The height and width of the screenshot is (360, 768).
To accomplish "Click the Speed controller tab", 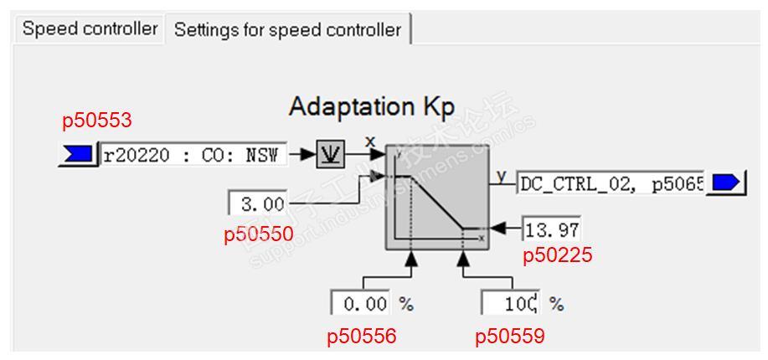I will coord(90,28).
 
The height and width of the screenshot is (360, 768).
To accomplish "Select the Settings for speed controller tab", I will coord(287,30).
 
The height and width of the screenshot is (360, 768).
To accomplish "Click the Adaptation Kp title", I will coord(372,107).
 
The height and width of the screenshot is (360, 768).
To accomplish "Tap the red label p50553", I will coord(97,121).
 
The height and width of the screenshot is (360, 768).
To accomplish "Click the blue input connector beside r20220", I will coord(78,155).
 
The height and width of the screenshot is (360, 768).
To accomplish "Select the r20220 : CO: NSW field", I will coord(193,155).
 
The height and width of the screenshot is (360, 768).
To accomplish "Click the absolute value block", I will coord(329,156).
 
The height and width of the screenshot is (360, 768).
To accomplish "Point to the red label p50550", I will coord(259,234).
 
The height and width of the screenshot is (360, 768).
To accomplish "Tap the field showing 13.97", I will coord(552,228).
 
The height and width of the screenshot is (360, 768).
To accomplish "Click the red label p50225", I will coord(558,255).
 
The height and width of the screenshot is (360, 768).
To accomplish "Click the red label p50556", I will coord(362,337).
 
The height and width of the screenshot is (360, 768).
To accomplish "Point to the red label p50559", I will coord(510,337).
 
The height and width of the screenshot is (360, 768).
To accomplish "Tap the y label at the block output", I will coord(502,175).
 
